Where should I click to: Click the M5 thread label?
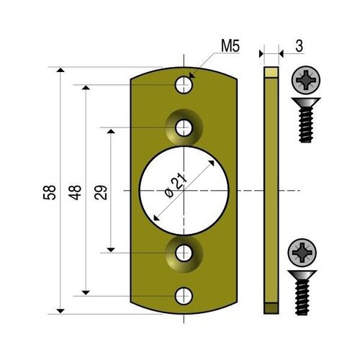230,48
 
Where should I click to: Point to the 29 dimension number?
101,192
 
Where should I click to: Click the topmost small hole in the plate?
185,86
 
